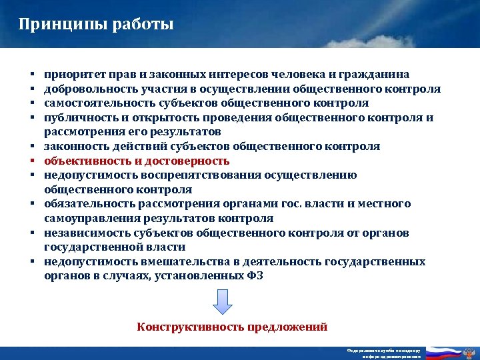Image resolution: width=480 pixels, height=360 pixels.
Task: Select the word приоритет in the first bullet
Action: [73, 74]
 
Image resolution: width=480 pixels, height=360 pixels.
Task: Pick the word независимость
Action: [86, 233]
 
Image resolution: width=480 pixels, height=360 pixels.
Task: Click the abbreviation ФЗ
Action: [255, 276]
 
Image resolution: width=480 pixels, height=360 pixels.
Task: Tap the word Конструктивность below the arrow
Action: [191, 327]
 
